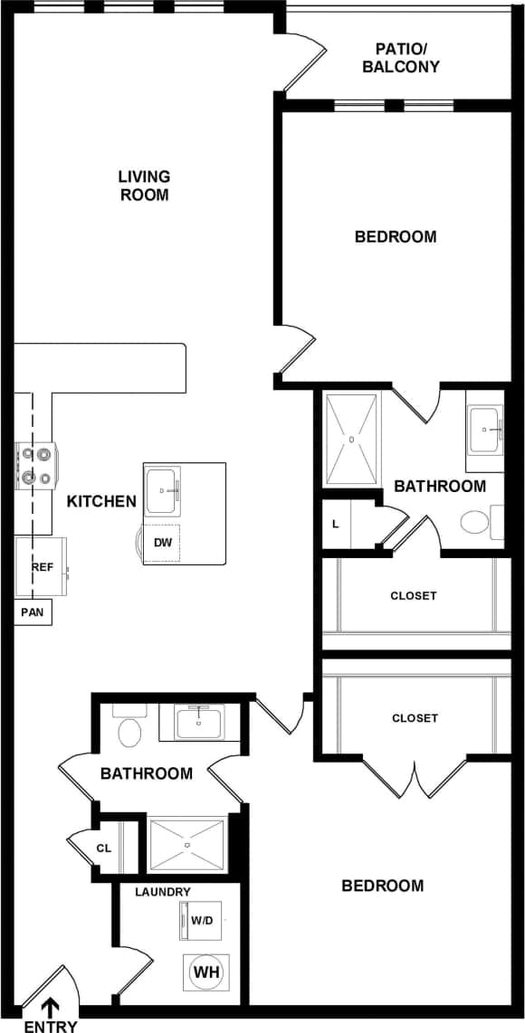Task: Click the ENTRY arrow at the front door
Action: click(x=51, y=1006)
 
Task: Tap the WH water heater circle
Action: click(x=206, y=972)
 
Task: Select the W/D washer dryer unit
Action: click(x=200, y=921)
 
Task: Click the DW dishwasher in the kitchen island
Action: click(x=164, y=544)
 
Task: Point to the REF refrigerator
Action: click(x=42, y=567)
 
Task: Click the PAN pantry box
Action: click(x=32, y=612)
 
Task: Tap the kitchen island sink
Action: click(x=163, y=489)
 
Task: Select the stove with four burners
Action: click(x=36, y=466)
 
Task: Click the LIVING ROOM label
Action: click(x=145, y=185)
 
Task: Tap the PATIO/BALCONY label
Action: click(x=400, y=58)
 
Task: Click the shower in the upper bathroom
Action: click(x=352, y=439)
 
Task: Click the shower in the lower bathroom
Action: click(x=186, y=846)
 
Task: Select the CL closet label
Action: click(x=104, y=848)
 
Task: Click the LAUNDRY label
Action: click(x=163, y=892)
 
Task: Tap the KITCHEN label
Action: click(x=101, y=501)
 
